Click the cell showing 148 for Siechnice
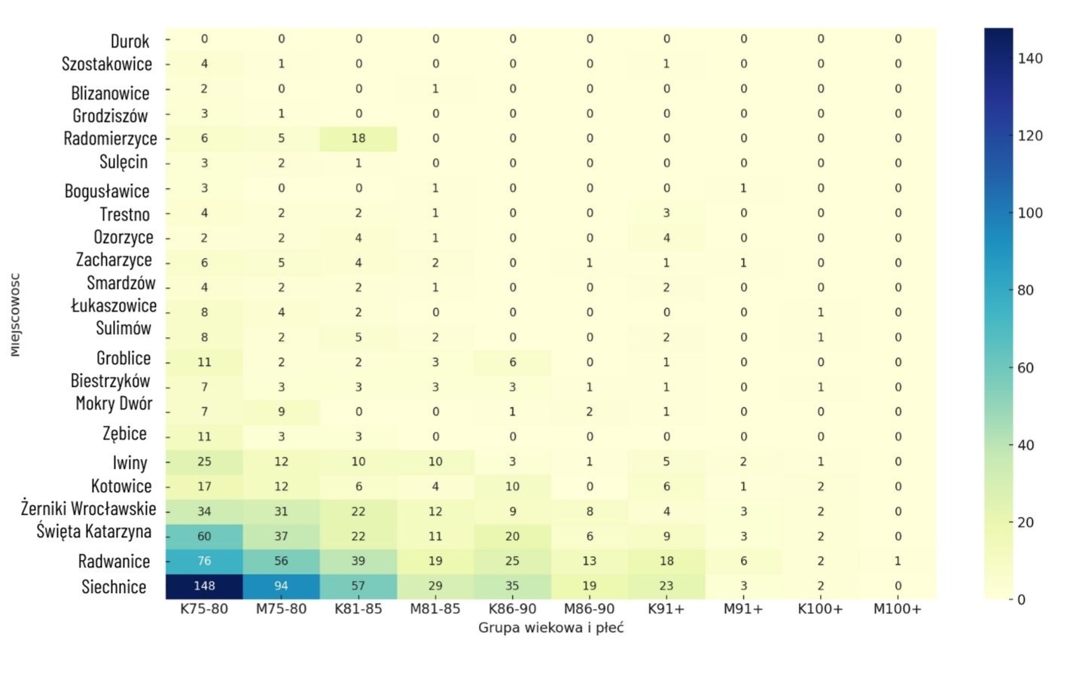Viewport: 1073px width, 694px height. pos(204,586)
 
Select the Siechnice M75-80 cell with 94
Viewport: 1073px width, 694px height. pos(281,586)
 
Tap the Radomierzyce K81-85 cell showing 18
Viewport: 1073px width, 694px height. pos(358,138)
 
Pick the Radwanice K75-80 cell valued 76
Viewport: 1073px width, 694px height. pos(204,561)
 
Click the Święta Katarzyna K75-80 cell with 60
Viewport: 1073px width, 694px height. pos(204,536)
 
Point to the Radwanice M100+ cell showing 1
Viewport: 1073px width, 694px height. pos(898,561)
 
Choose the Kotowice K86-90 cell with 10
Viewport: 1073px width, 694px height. pos(512,486)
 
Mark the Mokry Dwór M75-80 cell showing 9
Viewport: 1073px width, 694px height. pos(281,412)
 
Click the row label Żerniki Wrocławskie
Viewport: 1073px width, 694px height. pos(88,509)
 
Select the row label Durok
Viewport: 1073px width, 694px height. pos(130,41)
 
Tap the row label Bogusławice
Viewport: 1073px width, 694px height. pos(107,190)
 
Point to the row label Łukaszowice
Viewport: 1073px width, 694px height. pos(114,306)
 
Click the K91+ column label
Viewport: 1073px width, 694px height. pos(666,609)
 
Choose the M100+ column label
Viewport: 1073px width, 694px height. pos(898,609)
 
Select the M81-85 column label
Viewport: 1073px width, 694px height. pos(435,609)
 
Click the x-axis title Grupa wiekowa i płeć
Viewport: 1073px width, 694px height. pos(550,628)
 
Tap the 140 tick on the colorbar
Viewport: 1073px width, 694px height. pos(1030,58)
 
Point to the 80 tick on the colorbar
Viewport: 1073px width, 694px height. pos(1026,290)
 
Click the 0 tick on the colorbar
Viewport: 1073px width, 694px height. pos(1021,600)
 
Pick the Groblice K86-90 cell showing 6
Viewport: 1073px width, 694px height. pos(512,362)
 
